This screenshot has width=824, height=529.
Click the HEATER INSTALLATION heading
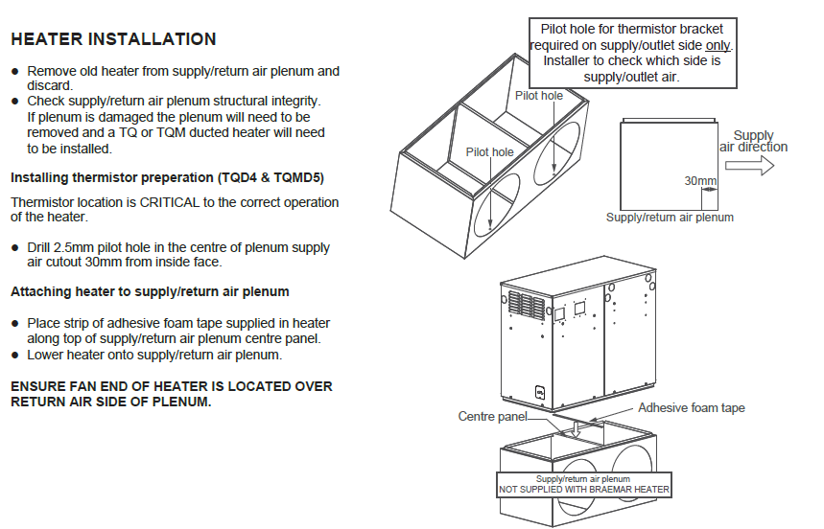[x=113, y=39]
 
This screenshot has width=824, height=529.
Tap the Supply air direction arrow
[x=754, y=165]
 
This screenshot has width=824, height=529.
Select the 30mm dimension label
[x=700, y=181]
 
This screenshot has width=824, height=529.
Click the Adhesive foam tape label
[x=691, y=408]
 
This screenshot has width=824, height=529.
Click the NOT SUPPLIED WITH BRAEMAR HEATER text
[x=583, y=490]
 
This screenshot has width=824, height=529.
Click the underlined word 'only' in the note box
[x=718, y=45]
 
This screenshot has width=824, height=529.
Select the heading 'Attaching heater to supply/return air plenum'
[x=150, y=291]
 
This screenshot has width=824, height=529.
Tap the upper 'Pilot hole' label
[x=539, y=96]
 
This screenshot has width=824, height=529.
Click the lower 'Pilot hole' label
[x=489, y=152]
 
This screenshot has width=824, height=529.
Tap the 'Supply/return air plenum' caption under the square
[x=670, y=218]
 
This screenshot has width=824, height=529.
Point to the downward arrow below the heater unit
[x=575, y=430]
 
